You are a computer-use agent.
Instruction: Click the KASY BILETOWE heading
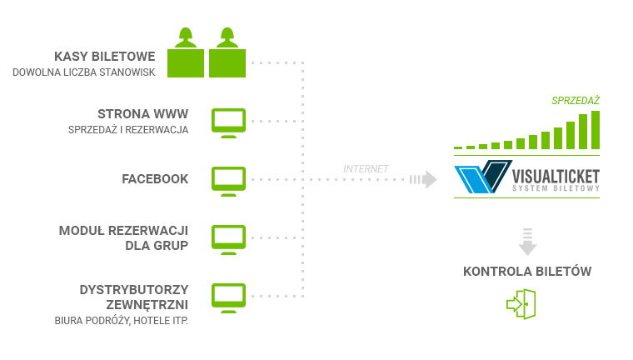(105, 56)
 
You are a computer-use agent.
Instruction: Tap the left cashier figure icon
(186, 52)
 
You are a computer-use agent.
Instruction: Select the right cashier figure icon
(227, 52)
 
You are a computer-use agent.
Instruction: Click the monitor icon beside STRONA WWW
(228, 123)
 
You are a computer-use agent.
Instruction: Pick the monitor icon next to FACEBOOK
(228, 182)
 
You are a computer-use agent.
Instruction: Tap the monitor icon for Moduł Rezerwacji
(228, 240)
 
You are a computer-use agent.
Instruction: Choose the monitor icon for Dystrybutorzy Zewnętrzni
(228, 298)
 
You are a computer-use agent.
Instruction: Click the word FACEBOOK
(155, 179)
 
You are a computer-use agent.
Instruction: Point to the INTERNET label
(366, 169)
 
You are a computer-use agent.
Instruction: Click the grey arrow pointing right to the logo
(423, 179)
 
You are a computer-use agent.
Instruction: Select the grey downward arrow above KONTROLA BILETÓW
(527, 242)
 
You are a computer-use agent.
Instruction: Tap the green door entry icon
(521, 304)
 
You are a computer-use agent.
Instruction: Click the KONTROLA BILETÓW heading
(527, 271)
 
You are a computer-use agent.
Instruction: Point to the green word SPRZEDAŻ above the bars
(576, 101)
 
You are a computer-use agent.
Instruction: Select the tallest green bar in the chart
(596, 130)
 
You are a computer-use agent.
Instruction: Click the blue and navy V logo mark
(483, 177)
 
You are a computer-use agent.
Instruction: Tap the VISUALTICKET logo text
(556, 177)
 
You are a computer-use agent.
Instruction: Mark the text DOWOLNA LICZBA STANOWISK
(84, 72)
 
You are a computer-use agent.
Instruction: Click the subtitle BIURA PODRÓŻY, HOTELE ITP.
(122, 321)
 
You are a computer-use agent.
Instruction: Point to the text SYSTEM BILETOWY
(556, 188)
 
